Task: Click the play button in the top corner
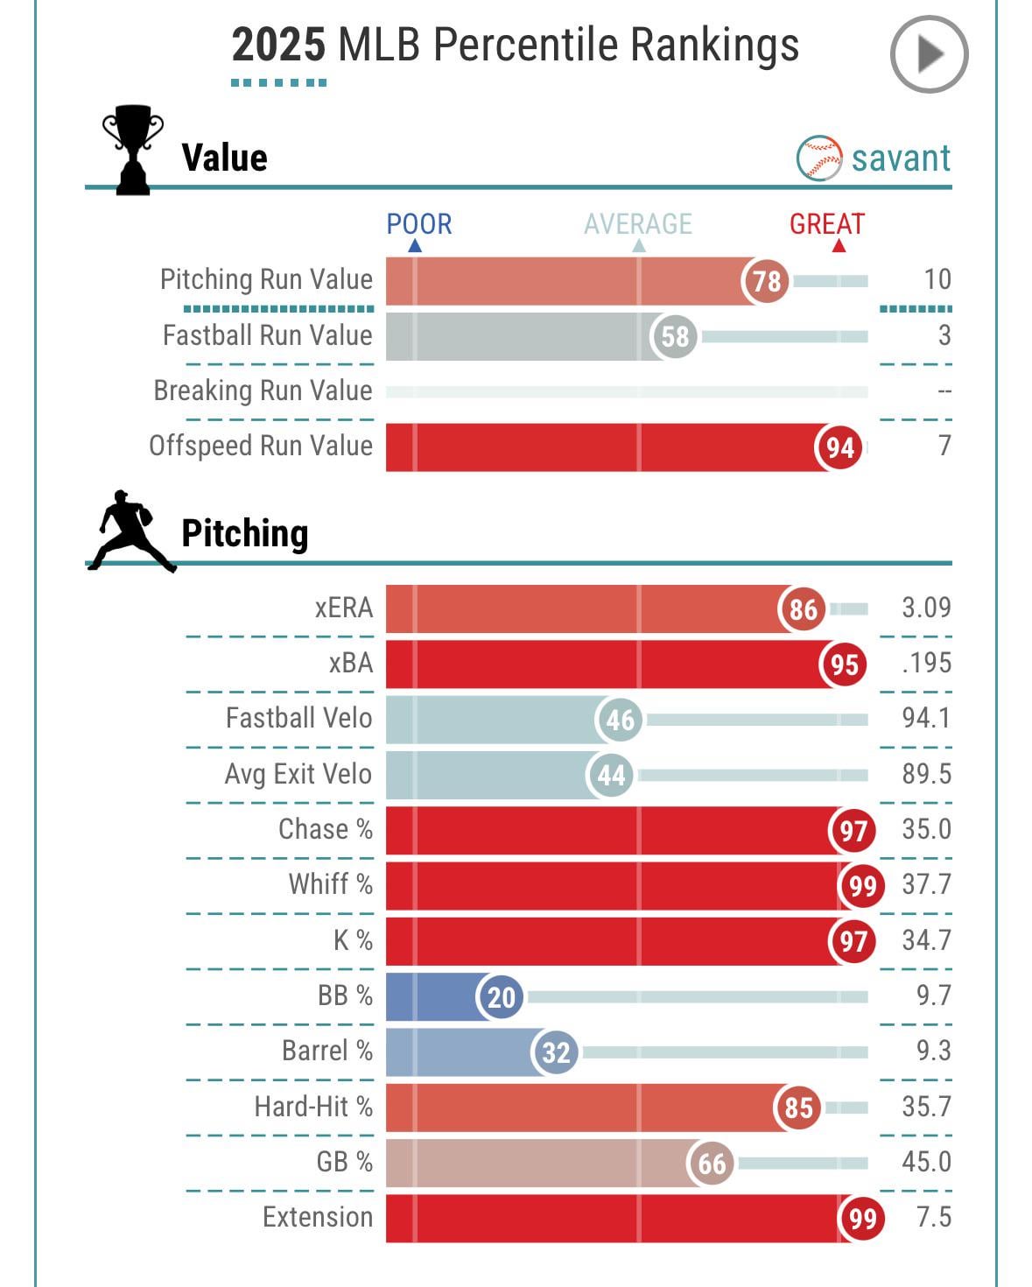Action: tap(929, 54)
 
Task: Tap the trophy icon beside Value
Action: tap(133, 150)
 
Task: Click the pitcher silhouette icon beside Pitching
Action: tap(130, 532)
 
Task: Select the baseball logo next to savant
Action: tap(819, 158)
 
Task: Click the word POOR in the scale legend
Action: tap(419, 224)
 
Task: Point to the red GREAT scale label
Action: tap(826, 224)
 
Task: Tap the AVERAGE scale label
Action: tap(637, 224)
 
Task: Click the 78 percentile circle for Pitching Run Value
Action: tap(766, 281)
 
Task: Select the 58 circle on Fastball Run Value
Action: tap(675, 336)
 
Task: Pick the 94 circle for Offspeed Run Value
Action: tap(839, 447)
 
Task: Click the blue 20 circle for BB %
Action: tap(501, 996)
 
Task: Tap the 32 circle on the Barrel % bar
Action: tap(556, 1051)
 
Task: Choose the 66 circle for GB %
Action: tap(711, 1163)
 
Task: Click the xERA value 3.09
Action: tap(926, 608)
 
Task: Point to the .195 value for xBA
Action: tap(926, 663)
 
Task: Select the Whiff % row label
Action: tap(331, 884)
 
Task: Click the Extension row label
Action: tap(318, 1217)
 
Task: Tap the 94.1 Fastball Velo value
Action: tap(926, 718)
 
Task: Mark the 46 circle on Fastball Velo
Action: tap(620, 720)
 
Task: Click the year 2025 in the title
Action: tap(278, 45)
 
